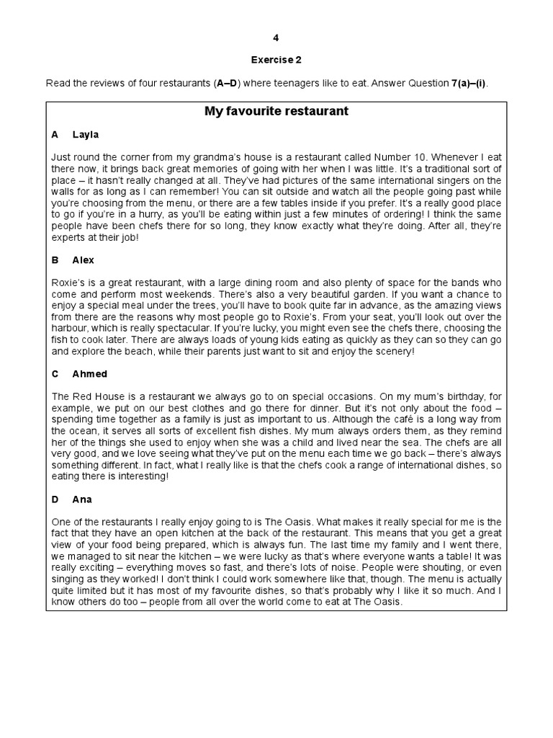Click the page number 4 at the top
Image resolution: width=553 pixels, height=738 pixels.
tap(276, 37)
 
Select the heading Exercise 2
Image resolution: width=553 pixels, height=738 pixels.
tap(276, 61)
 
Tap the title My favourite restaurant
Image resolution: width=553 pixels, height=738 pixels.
tap(276, 112)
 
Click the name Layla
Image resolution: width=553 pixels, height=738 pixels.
tap(86, 135)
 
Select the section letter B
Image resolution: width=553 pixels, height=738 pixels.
tap(55, 260)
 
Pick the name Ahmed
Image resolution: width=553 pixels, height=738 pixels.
tap(90, 374)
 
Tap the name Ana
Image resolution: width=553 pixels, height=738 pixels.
tap(82, 499)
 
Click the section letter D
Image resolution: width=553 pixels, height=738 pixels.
tap(55, 499)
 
